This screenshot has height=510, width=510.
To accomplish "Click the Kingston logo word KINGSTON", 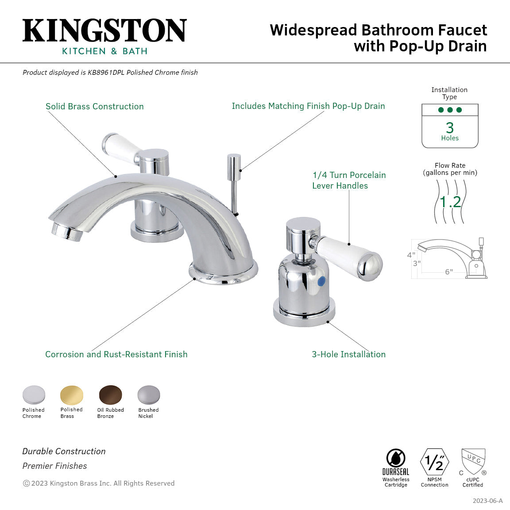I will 104,31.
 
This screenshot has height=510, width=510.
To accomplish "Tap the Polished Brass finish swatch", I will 72,394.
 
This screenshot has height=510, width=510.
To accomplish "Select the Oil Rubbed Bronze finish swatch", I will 110,394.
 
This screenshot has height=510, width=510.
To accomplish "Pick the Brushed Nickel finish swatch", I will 148,394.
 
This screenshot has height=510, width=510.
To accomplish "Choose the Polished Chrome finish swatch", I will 34,394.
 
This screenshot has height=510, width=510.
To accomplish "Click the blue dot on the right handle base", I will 322,280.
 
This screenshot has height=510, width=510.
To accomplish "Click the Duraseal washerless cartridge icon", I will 395,459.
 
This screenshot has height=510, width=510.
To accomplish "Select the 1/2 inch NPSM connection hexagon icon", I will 434,462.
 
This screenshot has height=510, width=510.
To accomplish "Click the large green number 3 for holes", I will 450,127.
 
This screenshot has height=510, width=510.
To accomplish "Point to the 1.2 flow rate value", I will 450,202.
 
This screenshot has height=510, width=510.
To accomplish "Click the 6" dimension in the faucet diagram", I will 449,272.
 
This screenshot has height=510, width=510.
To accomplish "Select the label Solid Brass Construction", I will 95,106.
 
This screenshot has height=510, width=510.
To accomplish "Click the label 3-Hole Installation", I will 348,354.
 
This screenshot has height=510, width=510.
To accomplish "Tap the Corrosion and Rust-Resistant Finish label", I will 116,354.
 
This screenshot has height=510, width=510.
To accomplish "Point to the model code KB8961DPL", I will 106,72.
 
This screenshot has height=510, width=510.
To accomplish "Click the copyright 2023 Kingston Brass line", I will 99,483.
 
